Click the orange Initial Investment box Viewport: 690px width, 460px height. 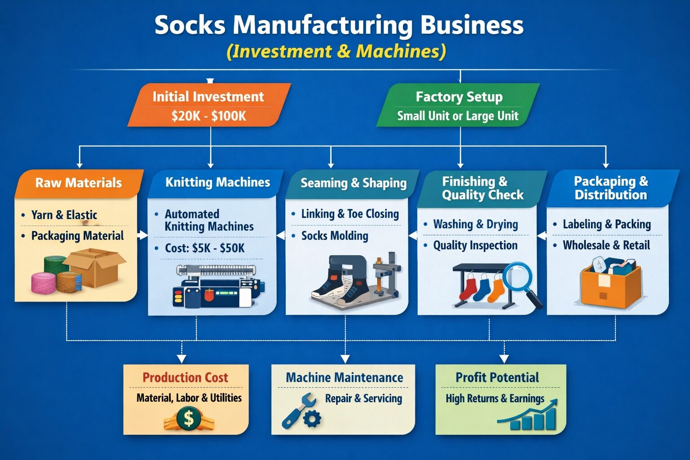pyautogui.click(x=209, y=106)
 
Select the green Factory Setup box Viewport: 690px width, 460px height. pyautogui.click(x=458, y=106)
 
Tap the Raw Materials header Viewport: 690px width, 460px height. pyautogui.click(x=79, y=183)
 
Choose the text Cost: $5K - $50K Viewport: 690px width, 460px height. pyautogui.click(x=205, y=248)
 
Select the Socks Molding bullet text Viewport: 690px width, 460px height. pyautogui.click(x=335, y=236)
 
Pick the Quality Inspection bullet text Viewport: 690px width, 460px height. pyautogui.click(x=475, y=245)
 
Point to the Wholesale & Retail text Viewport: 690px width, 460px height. pyautogui.click(x=606, y=245)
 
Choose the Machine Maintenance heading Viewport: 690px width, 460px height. pyautogui.click(x=345, y=378)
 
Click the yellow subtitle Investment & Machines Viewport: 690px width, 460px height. pyautogui.click(x=336, y=51)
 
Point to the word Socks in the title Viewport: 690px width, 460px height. pyautogui.click(x=190, y=25)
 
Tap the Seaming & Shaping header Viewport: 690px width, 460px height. pyautogui.click(x=354, y=183)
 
